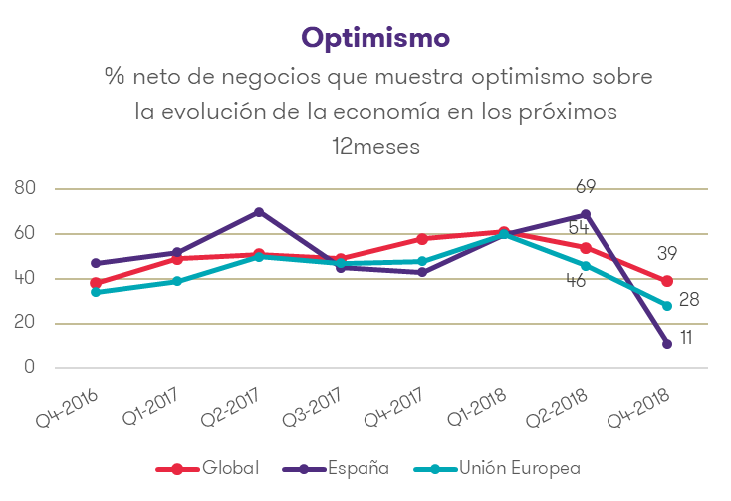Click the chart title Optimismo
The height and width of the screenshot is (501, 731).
click(x=375, y=37)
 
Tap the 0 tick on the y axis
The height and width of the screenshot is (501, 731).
click(x=31, y=367)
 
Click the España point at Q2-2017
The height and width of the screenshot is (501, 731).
click(x=259, y=212)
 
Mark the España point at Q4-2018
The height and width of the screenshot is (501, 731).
click(x=667, y=344)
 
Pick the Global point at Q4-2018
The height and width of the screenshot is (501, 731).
click(x=667, y=281)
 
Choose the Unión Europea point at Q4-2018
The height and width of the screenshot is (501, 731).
click(x=667, y=306)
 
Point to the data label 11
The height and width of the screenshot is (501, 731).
click(x=686, y=339)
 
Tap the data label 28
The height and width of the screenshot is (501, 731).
click(x=690, y=299)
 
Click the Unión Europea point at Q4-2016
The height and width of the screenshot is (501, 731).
click(x=96, y=292)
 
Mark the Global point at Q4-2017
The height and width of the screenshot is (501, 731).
click(x=422, y=239)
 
